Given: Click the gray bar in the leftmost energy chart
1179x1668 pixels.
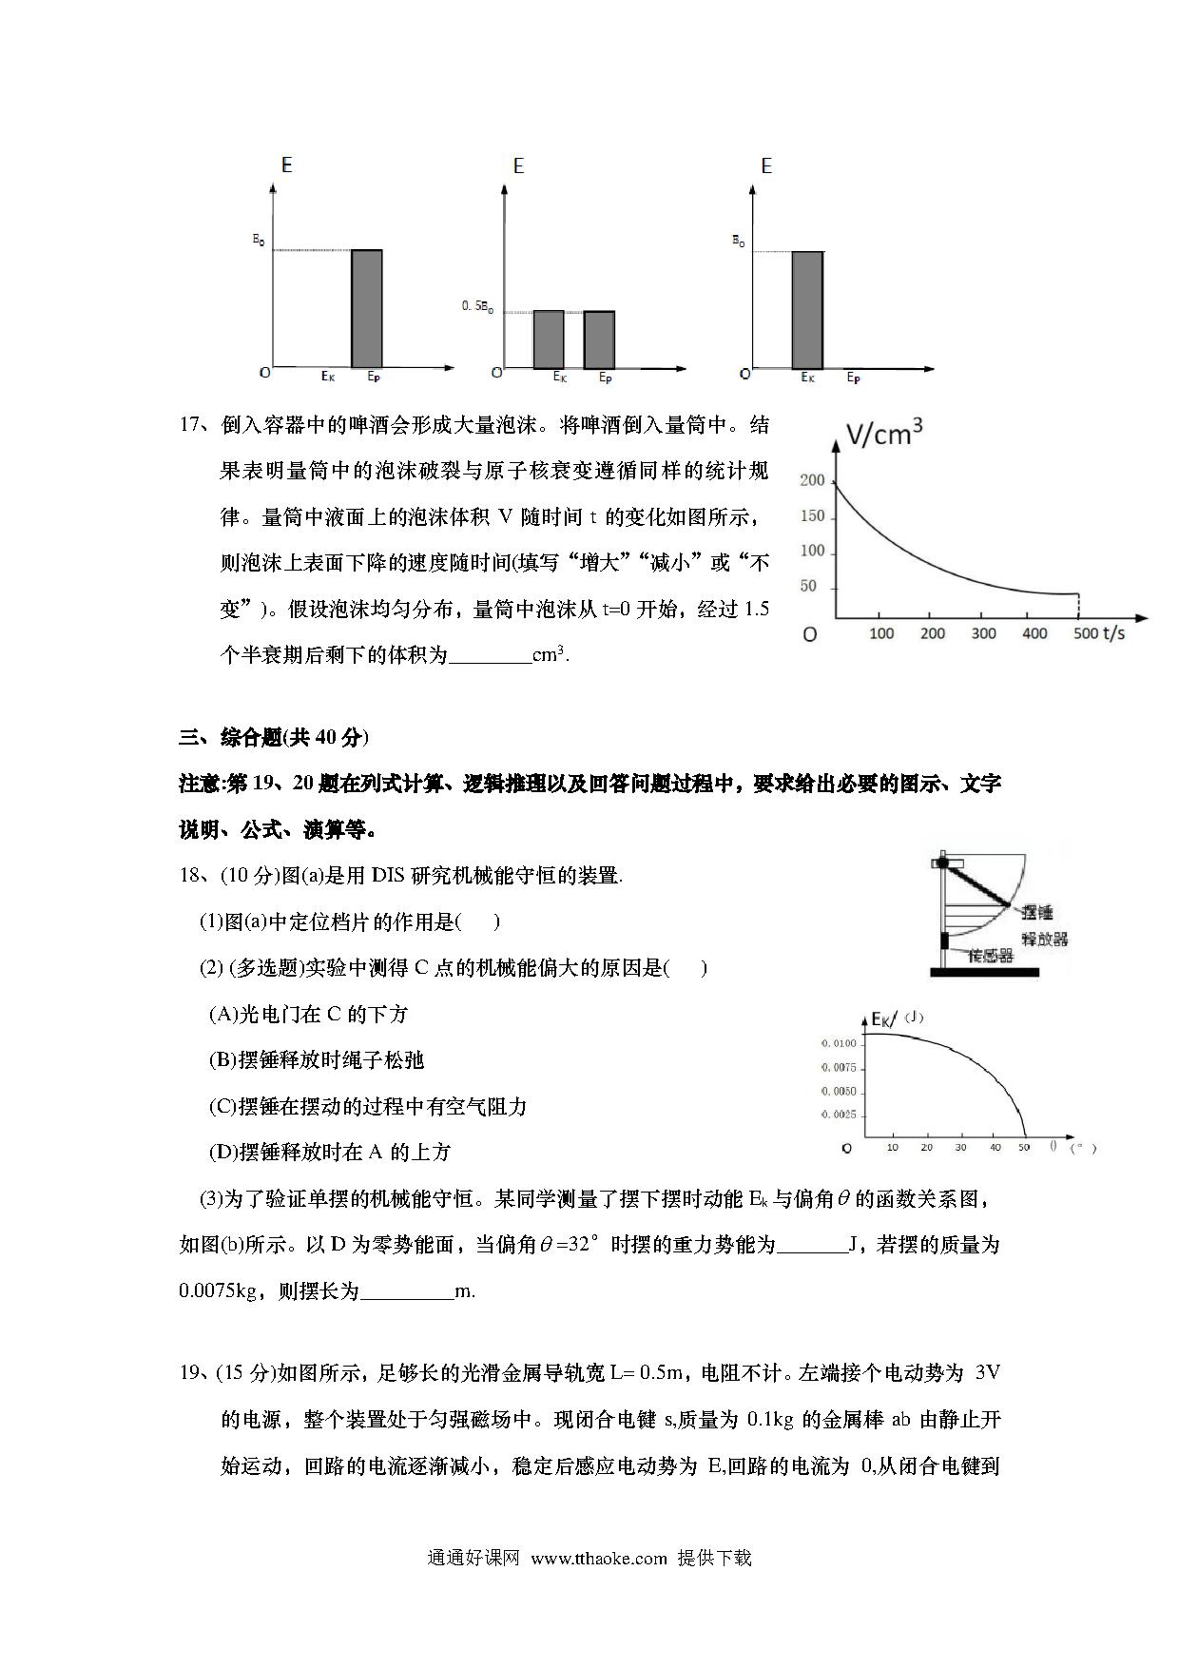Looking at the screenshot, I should pos(367,309).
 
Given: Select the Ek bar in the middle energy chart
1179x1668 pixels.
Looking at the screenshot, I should pos(548,339).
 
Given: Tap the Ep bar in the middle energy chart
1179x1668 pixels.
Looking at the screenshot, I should pos(599,339).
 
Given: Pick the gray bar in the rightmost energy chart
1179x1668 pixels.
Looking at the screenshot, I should pos(807,310).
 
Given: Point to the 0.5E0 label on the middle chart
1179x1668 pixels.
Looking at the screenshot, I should pos(477,306).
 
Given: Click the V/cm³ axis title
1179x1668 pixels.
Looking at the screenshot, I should pos(884,434).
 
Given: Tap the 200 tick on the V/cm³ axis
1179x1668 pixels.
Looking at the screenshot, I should pos(812,480).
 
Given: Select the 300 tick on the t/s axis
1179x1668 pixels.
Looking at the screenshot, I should pos(983,633).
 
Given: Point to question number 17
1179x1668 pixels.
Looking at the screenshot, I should pos(192,425).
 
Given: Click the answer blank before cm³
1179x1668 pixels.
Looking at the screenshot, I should pos(489,655).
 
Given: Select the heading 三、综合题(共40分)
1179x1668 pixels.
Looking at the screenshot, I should pos(274,737).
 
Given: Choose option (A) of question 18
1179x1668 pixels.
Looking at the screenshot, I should pos(309,1014).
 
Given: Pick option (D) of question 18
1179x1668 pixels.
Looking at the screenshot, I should pos(329,1152).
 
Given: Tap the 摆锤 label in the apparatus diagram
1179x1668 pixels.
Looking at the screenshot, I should pos(1036,912).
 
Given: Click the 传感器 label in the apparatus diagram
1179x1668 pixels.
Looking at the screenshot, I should pos(990,956).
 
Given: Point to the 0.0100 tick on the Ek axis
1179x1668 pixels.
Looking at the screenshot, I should pos(838,1043).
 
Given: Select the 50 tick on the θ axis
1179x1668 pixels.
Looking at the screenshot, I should pos(1023,1148).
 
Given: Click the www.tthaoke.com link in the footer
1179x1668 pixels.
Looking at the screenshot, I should pos(599,1558).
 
